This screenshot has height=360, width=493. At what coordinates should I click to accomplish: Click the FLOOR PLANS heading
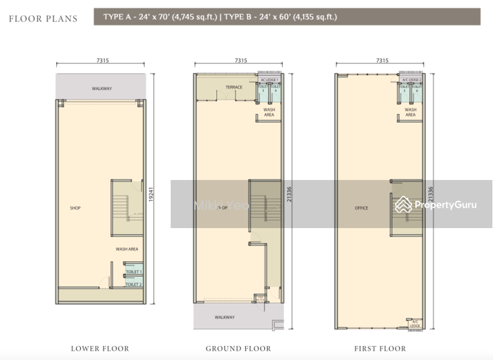43,18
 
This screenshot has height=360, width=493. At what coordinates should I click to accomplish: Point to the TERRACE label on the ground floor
234,87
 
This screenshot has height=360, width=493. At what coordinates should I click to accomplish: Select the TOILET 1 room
133,272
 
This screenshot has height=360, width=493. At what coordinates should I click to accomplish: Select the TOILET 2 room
133,284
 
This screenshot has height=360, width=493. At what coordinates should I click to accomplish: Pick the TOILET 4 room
275,90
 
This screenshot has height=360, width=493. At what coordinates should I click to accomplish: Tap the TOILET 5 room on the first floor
404,90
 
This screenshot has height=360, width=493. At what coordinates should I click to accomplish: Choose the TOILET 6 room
417,90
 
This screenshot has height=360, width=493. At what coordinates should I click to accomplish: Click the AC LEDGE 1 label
269,80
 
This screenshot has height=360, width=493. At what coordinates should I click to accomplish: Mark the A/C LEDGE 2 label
411,80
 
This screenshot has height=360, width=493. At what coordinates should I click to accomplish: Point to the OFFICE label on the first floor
361,208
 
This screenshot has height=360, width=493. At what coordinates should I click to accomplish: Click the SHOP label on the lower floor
75,208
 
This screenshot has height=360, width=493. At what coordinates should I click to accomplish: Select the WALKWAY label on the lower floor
102,89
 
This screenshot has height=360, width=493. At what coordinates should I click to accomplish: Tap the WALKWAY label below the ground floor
225,317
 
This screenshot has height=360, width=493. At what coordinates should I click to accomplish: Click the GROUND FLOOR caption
238,349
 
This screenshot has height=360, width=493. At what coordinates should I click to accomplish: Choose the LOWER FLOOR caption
100,349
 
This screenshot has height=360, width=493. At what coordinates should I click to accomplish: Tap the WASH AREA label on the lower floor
126,249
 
